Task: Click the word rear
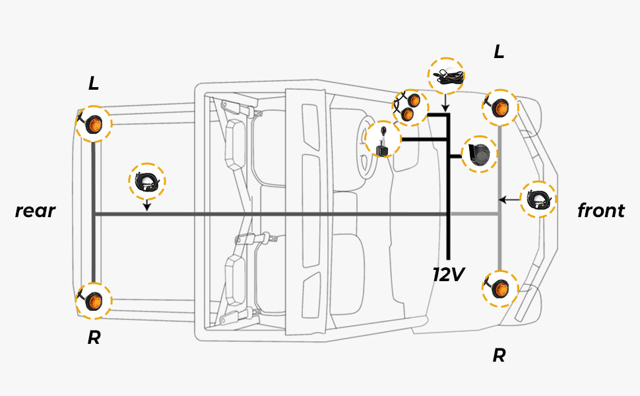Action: [x=35, y=211]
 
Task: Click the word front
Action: [x=600, y=211]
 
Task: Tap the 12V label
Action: [x=449, y=274]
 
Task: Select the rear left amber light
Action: [x=93, y=124]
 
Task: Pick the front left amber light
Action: [x=500, y=107]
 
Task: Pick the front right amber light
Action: [x=500, y=288]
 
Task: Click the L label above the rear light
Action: [x=94, y=83]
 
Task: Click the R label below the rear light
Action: [x=94, y=338]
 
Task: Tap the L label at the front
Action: [x=499, y=52]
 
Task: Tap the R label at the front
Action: [x=499, y=356]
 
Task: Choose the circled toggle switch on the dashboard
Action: [x=383, y=141]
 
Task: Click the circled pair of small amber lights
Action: [x=410, y=107]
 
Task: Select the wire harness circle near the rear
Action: [x=146, y=181]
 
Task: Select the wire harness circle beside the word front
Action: [x=538, y=199]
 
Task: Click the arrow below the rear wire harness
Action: [x=146, y=205]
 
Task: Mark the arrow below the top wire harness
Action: [x=445, y=104]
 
